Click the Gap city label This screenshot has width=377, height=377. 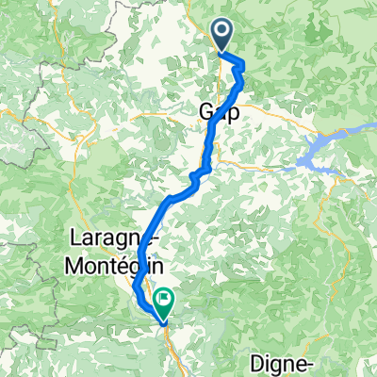(x=218, y=111)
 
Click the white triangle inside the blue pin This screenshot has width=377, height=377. (x=223, y=35)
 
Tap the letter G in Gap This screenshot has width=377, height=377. (x=206, y=111)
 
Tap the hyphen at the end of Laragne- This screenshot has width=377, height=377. (x=144, y=238)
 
